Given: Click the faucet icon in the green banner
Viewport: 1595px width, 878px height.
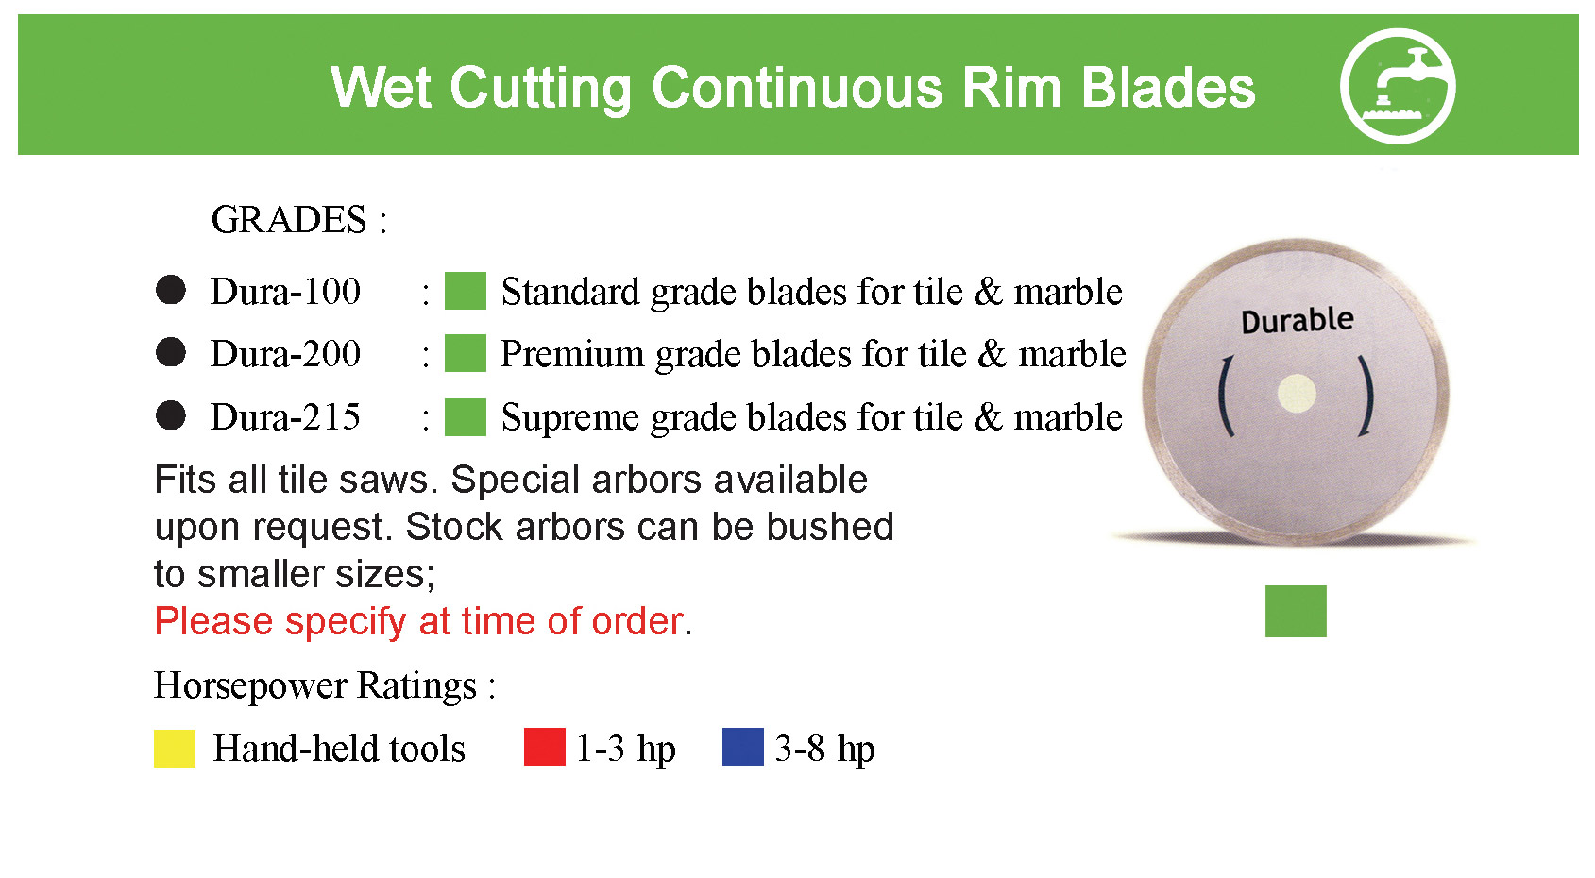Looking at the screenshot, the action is [1397, 86].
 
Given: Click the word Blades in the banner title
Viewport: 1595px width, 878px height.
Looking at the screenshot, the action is [1168, 89].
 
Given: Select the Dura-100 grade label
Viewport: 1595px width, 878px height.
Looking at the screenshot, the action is [285, 292].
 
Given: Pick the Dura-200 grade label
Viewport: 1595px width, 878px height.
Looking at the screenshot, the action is [285, 354].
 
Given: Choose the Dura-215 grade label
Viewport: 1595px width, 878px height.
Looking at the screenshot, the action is [285, 416].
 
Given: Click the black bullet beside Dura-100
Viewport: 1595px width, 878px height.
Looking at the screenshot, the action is [171, 290].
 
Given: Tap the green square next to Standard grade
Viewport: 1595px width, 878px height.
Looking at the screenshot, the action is [466, 291].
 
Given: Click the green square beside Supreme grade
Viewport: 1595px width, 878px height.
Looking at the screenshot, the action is [466, 416].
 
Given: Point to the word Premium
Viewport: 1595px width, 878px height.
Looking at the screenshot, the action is [571, 354].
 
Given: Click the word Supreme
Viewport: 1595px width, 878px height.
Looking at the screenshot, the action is [570, 417].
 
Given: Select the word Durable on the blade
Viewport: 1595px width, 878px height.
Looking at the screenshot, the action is [1298, 320].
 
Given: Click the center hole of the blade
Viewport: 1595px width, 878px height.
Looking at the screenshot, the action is [1297, 394].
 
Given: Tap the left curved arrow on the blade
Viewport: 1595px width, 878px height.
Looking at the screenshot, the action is [1224, 396].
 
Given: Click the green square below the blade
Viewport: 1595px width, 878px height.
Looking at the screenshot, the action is [1296, 611].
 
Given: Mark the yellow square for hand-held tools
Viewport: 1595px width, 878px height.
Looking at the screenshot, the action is [175, 748].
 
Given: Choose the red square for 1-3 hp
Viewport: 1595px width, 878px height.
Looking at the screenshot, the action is [545, 747].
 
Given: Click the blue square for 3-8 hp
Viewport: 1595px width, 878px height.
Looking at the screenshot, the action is [742, 747].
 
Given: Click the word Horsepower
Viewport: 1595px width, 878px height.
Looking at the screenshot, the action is [250, 686].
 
